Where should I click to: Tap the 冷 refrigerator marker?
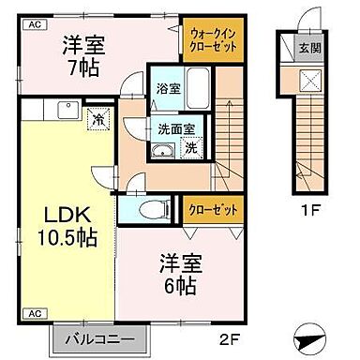pyautogui.click(x=98, y=118)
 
